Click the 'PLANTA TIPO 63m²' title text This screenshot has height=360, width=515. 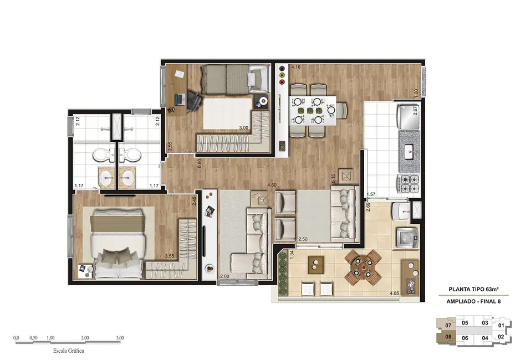472,289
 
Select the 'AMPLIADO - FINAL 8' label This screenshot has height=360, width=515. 472,301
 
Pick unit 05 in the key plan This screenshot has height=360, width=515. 465,323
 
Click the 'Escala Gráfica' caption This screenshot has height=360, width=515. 69,351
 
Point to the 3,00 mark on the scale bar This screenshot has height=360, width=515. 120,337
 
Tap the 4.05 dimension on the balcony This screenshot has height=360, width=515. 395,293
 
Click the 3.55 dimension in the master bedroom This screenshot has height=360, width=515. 171,256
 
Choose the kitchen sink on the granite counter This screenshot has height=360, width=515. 410,150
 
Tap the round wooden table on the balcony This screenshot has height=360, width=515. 364,265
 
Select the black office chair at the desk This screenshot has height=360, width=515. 193,100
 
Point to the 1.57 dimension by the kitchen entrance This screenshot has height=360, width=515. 371,194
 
